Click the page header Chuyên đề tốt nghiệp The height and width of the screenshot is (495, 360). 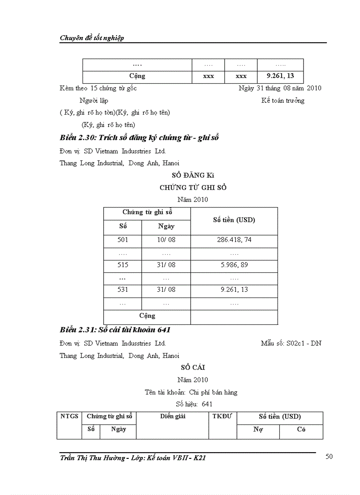point(92,38)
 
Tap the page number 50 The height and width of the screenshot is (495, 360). point(329,457)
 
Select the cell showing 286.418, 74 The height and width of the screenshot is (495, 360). point(234,240)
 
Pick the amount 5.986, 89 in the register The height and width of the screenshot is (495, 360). point(234,265)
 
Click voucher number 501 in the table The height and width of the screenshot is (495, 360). point(123,240)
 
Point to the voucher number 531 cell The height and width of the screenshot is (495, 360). point(123,290)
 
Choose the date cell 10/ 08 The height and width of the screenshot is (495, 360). point(166,240)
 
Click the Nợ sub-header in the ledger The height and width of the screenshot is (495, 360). point(258,429)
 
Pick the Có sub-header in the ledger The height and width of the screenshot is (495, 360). point(301,429)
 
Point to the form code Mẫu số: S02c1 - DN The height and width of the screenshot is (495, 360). point(291,343)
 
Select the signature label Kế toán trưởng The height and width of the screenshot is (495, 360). point(282,100)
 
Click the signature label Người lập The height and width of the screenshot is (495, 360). point(94,100)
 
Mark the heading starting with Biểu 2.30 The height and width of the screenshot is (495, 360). point(139,138)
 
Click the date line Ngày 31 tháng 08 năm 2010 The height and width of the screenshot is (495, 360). point(280,88)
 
